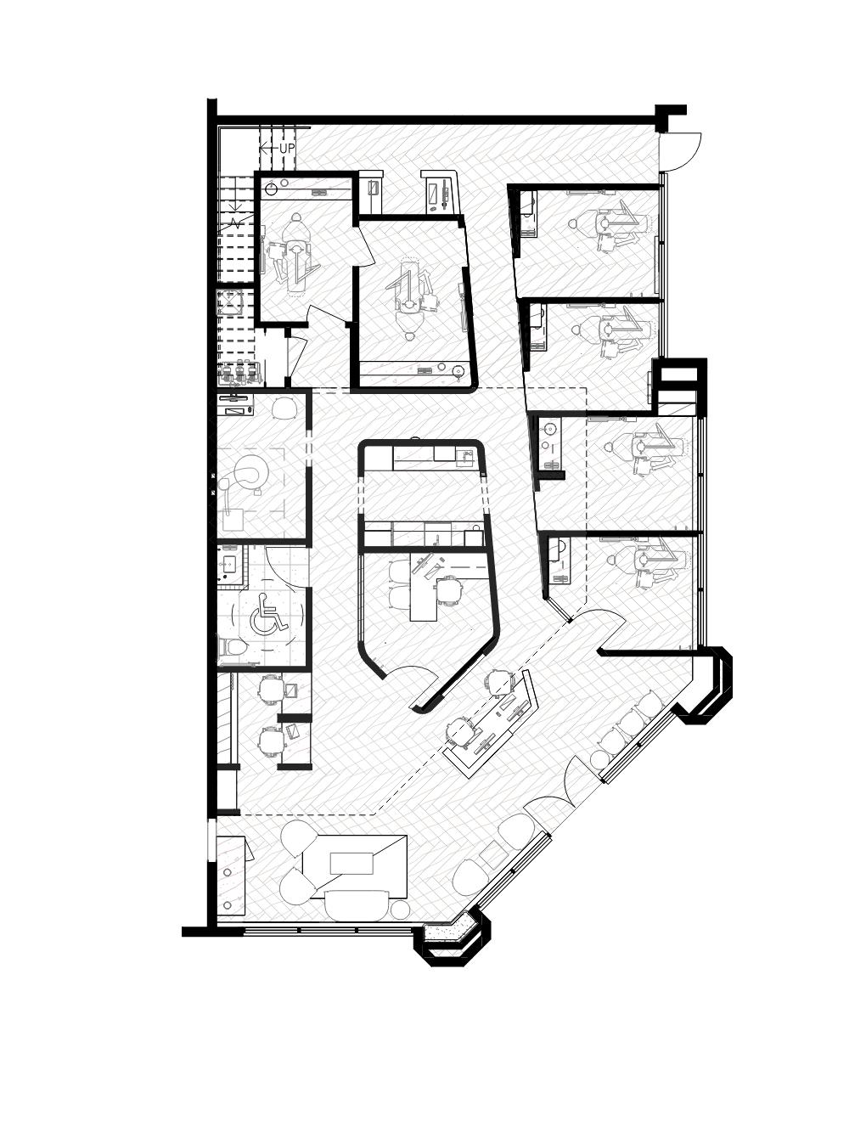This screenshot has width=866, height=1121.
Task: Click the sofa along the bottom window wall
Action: point(356,905)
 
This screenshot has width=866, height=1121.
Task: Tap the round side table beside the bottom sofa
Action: point(400,909)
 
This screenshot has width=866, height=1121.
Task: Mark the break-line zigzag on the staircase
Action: point(236,223)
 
